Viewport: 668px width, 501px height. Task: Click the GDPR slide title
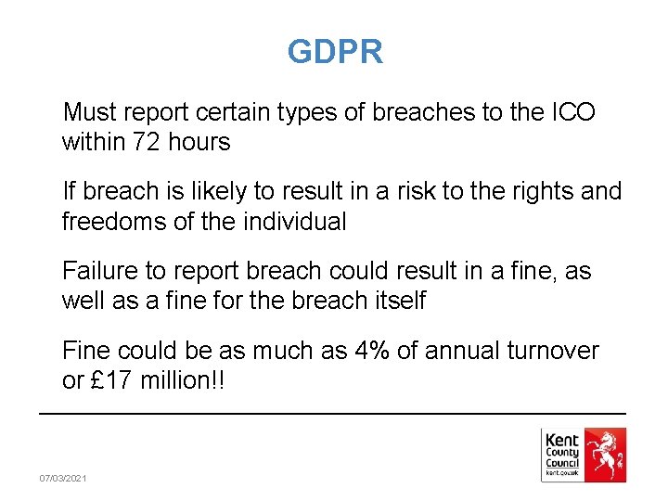click(x=334, y=52)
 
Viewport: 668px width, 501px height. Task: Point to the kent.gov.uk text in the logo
click(x=562, y=473)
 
